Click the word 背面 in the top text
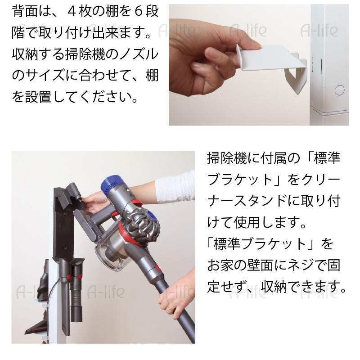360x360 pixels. pos(27,11)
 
